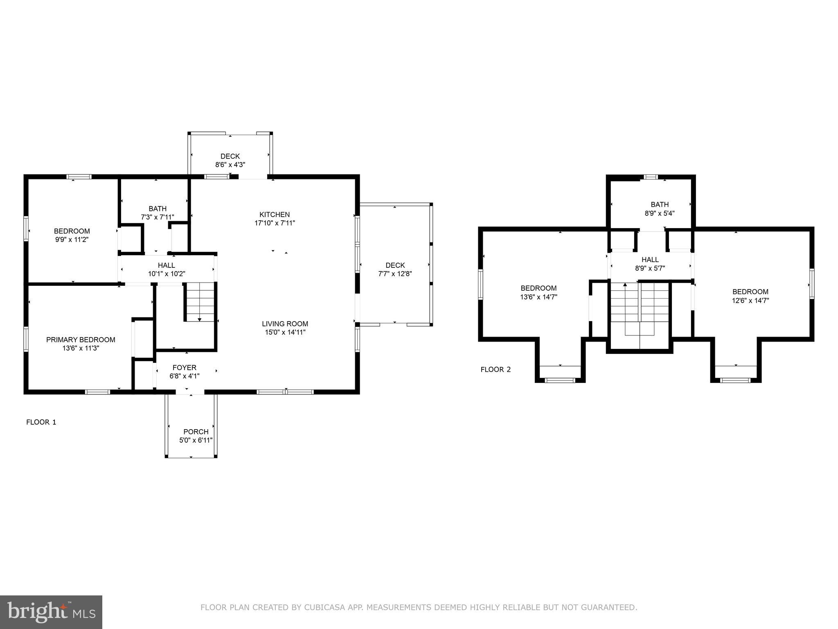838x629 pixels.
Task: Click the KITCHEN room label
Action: pos(275,215)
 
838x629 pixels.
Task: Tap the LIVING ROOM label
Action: pos(285,324)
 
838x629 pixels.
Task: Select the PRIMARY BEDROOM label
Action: pos(81,340)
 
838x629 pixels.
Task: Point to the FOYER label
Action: pos(184,368)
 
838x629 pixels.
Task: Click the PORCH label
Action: pos(196,432)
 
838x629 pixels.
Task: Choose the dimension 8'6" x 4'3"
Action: pos(230,165)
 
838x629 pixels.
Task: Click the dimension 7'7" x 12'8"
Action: pos(395,274)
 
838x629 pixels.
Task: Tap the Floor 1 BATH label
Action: pos(158,209)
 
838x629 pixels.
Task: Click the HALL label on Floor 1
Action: pos(166,265)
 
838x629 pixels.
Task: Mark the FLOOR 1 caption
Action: pos(41,422)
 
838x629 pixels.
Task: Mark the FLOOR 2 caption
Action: pos(496,370)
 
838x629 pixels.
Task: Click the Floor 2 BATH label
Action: pos(660,205)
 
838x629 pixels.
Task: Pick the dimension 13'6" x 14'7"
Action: pos(538,297)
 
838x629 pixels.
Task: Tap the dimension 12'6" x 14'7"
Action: pos(750,301)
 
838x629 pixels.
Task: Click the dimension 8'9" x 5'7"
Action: pos(650,269)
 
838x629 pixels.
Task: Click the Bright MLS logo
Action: pos(51,612)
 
